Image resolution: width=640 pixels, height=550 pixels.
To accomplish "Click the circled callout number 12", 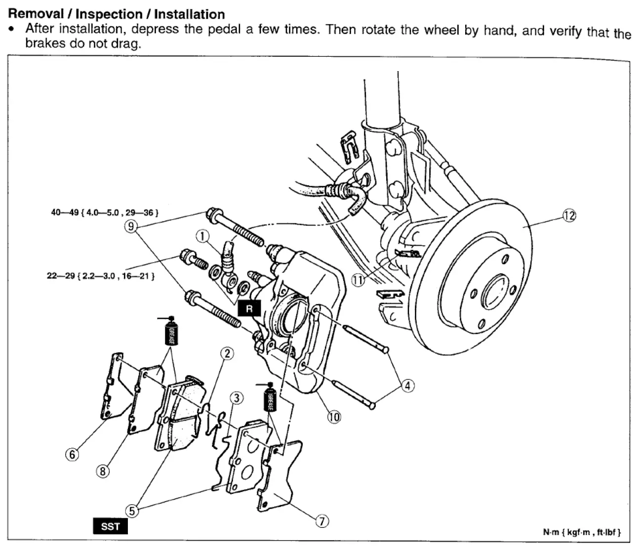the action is (x=569, y=215).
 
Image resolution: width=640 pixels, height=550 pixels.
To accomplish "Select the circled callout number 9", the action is (x=131, y=226).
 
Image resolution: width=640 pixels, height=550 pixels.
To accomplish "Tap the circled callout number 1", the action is (x=202, y=236).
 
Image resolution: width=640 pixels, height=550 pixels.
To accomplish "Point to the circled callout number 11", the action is (x=358, y=280).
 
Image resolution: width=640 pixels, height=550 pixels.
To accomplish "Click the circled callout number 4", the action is (x=408, y=386).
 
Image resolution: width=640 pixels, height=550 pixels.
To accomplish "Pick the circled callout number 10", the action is (x=334, y=417).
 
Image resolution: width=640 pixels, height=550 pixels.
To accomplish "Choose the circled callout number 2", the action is (x=227, y=353).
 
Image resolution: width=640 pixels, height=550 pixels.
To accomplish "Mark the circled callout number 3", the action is (x=237, y=398).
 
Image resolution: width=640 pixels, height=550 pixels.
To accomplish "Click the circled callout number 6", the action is (x=72, y=455).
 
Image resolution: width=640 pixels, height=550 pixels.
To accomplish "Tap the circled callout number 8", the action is (x=103, y=471).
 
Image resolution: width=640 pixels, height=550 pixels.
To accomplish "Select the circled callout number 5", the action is (x=132, y=511).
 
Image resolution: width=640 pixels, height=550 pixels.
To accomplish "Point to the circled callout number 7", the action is (x=322, y=521).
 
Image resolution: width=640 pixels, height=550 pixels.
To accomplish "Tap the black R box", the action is (x=249, y=308).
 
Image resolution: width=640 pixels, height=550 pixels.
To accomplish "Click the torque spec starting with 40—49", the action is (x=105, y=213).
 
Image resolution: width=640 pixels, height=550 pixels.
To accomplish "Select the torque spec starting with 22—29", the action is (x=101, y=276).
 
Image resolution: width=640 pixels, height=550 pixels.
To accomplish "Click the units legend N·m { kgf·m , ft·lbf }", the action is (x=582, y=532).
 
